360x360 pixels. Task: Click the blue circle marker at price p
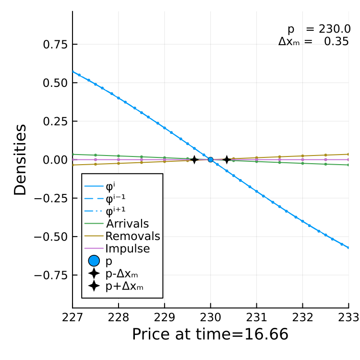(x=211, y=159)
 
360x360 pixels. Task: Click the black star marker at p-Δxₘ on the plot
(x=194, y=159)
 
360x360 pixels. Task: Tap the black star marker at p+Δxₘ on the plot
(x=227, y=159)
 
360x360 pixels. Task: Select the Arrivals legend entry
(x=117, y=224)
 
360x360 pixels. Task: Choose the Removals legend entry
(x=122, y=236)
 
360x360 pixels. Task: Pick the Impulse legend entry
(x=117, y=249)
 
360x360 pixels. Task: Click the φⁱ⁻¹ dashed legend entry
(x=105, y=199)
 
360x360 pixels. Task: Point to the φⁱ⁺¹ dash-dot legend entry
(x=105, y=211)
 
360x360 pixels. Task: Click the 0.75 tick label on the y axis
(x=55, y=44)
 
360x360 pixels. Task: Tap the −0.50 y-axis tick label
(x=51, y=237)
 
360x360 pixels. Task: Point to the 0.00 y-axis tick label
(x=55, y=160)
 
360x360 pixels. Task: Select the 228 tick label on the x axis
(x=119, y=318)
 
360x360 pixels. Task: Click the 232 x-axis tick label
(x=302, y=318)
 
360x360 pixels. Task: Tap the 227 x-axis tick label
(x=72, y=318)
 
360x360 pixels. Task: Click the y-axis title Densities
(x=20, y=160)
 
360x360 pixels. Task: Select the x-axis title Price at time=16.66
(x=210, y=334)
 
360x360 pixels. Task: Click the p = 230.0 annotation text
(x=319, y=29)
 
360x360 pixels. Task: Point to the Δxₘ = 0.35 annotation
(x=313, y=42)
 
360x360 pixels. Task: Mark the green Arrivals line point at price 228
(x=119, y=156)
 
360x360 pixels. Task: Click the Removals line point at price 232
(x=302, y=156)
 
